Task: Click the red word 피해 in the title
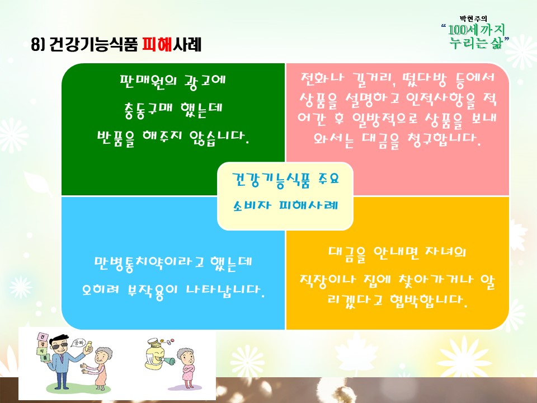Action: (x=157, y=44)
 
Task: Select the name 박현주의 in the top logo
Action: (x=473, y=19)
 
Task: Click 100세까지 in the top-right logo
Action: (x=477, y=30)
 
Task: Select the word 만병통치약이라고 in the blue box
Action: (x=149, y=264)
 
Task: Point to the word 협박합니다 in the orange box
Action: (x=428, y=301)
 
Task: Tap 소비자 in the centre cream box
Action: (x=252, y=205)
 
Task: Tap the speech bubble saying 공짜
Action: (x=78, y=343)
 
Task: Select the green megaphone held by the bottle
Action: (x=168, y=362)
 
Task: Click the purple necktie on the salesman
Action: (x=62, y=358)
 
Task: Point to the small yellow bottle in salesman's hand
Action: (x=89, y=346)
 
